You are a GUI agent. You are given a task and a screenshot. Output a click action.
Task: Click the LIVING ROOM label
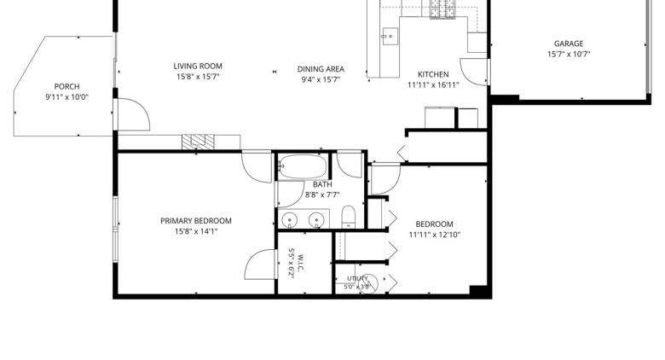click(x=198, y=67)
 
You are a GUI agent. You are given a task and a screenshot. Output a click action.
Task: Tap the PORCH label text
click(x=67, y=87)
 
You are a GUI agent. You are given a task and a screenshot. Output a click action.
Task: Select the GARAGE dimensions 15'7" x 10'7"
click(x=569, y=54)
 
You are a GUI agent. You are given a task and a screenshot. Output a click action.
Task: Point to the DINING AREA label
click(x=321, y=69)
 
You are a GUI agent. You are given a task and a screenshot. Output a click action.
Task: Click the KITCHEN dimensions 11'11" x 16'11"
click(x=433, y=85)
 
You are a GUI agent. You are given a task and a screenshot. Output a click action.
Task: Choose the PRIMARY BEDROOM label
click(x=196, y=221)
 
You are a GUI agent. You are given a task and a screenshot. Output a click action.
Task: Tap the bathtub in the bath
click(x=303, y=166)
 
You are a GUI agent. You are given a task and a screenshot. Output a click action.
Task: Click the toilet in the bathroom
click(x=349, y=217)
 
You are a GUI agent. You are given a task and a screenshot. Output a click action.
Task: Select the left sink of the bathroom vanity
click(x=290, y=220)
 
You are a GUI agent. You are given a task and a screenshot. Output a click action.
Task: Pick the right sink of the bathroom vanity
click(x=316, y=220)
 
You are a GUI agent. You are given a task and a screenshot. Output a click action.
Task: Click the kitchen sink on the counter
click(x=390, y=37)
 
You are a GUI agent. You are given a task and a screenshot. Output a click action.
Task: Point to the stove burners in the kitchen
click(x=442, y=9)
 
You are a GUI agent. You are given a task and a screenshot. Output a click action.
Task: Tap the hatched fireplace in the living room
click(x=198, y=142)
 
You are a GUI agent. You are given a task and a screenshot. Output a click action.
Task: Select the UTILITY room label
click(x=357, y=278)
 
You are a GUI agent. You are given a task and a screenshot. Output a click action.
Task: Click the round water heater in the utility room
click(x=368, y=283)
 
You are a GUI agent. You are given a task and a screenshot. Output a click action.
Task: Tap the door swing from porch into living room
click(x=133, y=114)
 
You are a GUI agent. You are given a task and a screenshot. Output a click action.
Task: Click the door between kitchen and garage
click(x=474, y=72)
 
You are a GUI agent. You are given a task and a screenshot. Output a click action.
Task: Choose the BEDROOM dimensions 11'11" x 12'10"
click(x=434, y=235)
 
